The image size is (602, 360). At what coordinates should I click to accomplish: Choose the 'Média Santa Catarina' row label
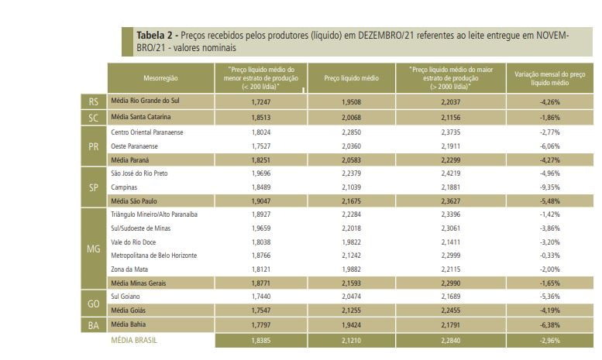click(x=141, y=117)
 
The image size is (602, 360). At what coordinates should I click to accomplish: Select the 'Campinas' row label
click(x=125, y=187)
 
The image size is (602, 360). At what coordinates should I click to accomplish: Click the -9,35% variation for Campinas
click(x=548, y=187)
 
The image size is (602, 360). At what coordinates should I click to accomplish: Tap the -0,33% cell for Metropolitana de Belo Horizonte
click(x=548, y=255)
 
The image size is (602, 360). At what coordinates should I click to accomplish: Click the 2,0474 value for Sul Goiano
click(x=351, y=296)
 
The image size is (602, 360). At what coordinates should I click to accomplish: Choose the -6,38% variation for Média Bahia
click(x=548, y=324)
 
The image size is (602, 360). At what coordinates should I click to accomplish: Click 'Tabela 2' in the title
click(x=156, y=36)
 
